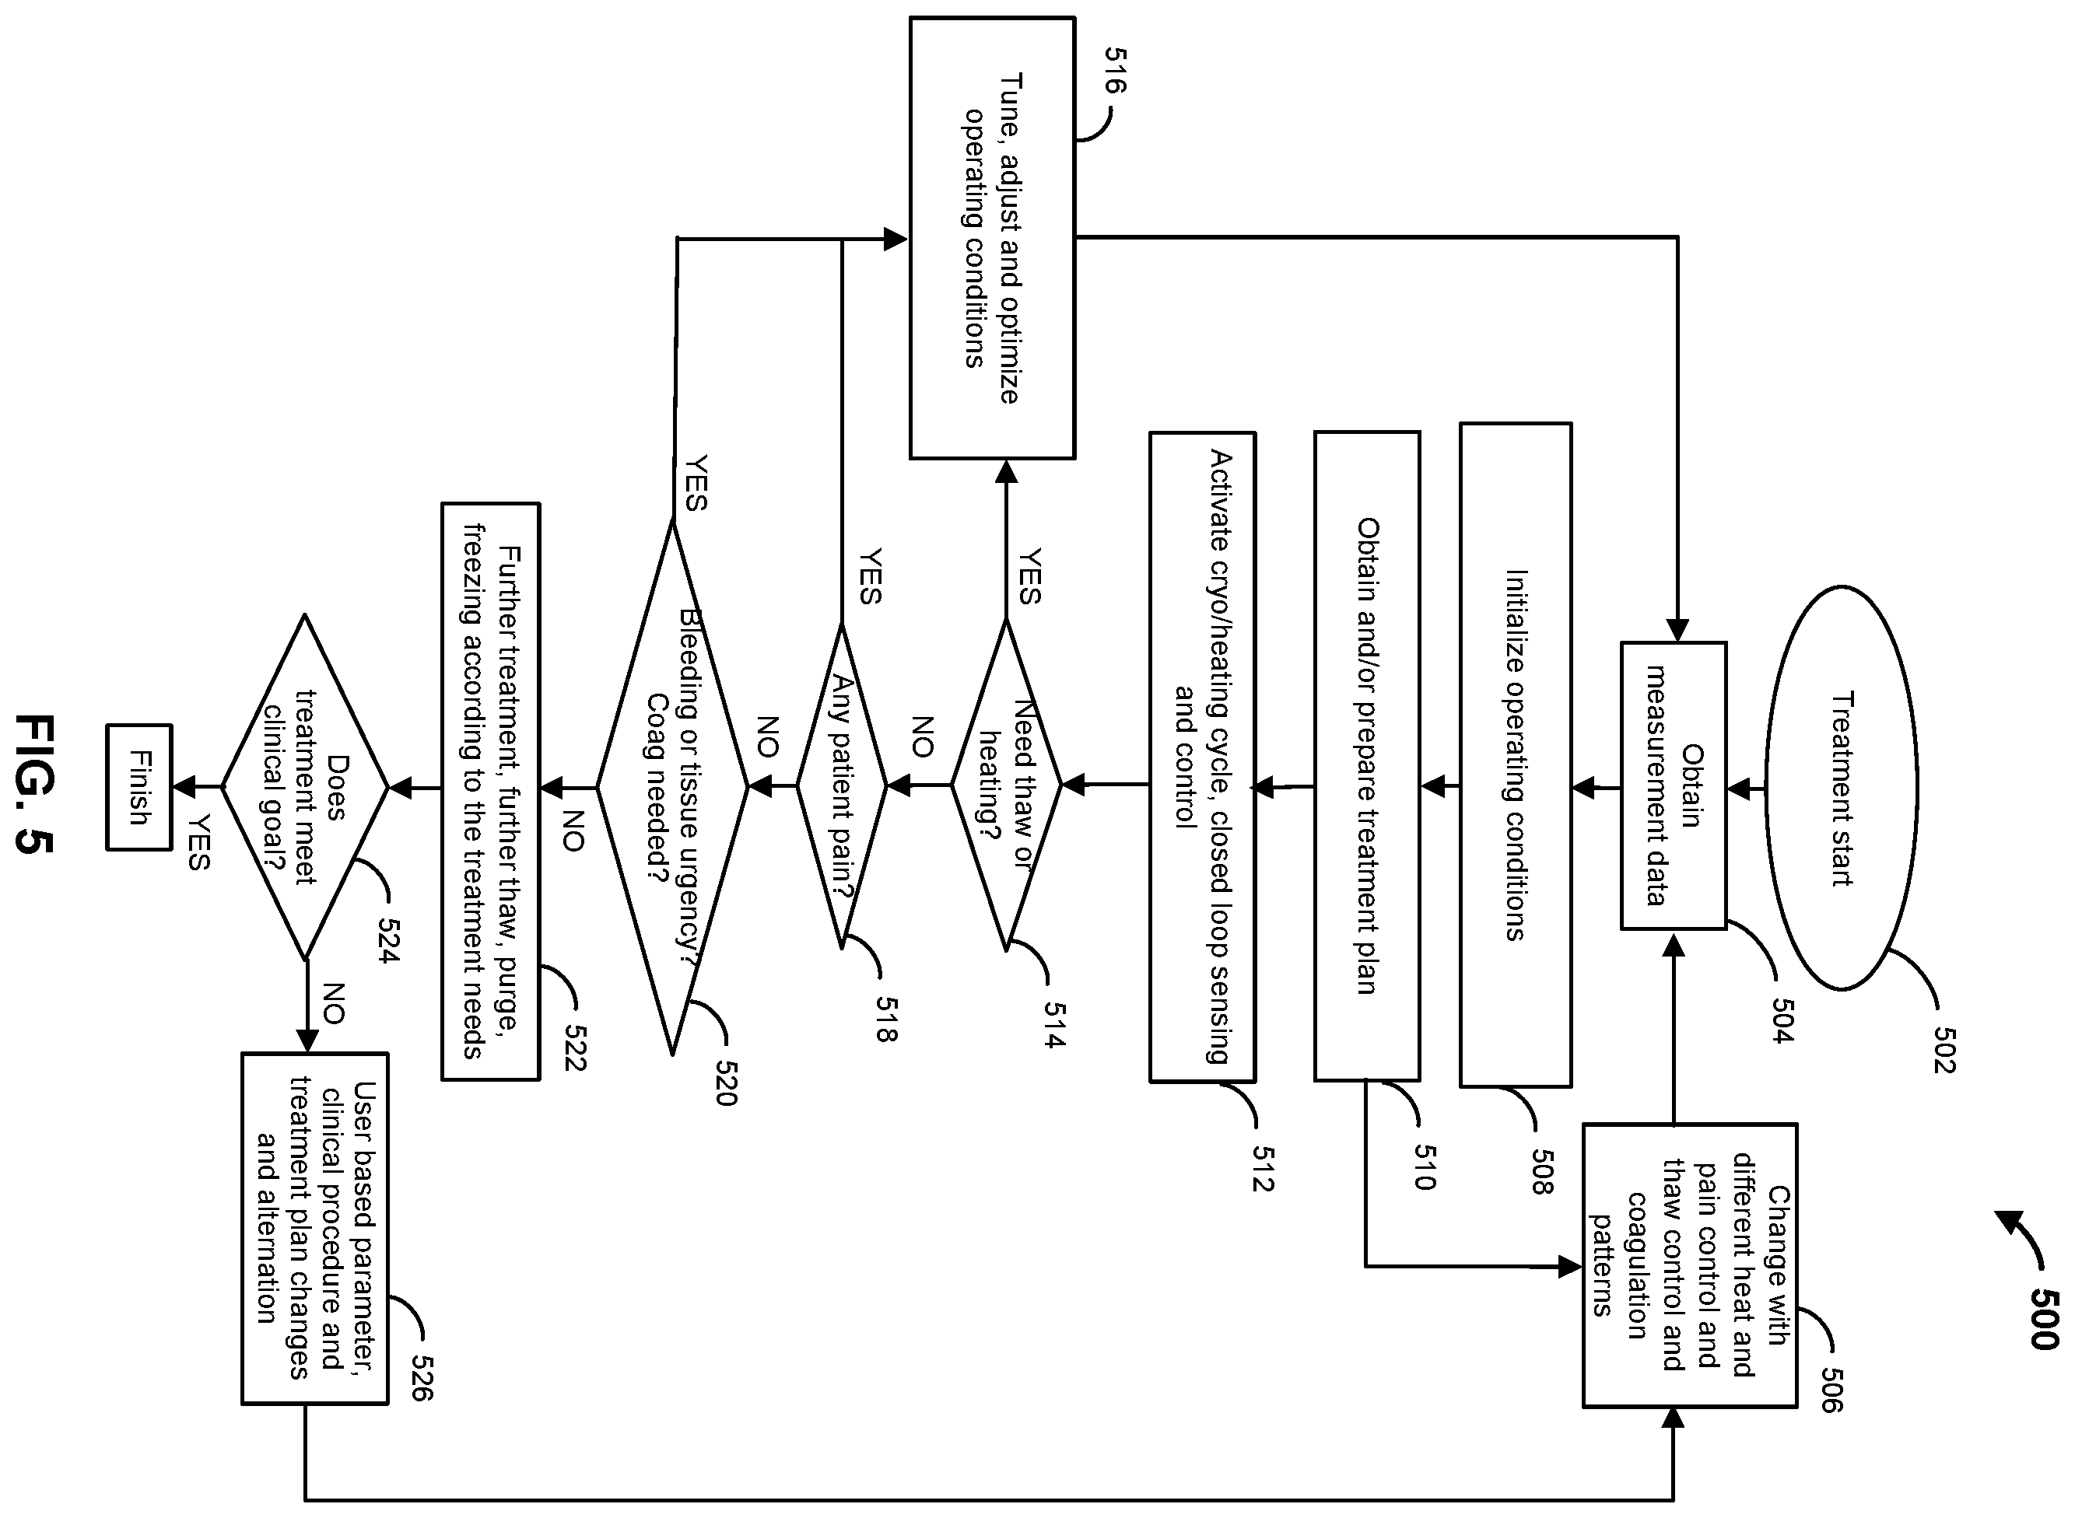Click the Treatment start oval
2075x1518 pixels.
point(1842,788)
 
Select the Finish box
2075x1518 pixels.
point(138,788)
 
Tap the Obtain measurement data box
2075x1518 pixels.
point(1674,785)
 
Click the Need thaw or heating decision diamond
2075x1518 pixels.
point(1006,785)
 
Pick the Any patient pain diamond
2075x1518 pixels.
point(841,785)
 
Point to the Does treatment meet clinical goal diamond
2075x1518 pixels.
point(305,788)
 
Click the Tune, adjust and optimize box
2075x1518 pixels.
point(992,238)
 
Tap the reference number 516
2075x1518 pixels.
point(1113,71)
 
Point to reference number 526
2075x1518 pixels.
point(421,1378)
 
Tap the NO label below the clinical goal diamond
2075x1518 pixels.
point(333,1003)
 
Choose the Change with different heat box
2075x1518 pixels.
point(1690,1265)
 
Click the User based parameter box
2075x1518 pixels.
point(315,1229)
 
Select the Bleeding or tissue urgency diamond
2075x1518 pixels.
point(673,788)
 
